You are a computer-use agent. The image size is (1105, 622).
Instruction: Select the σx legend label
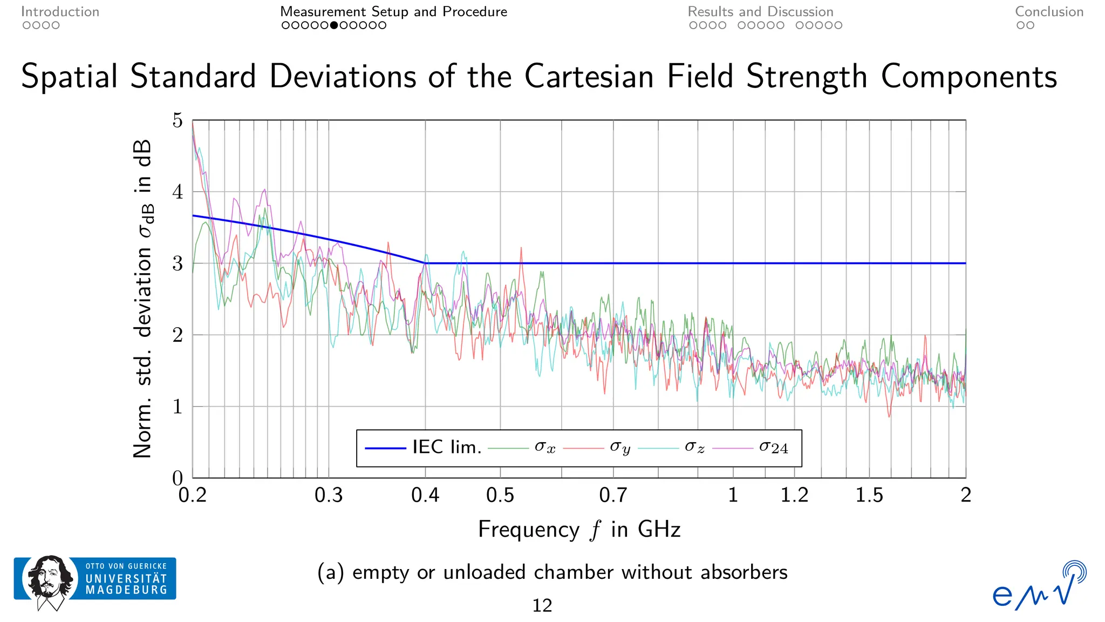click(x=545, y=448)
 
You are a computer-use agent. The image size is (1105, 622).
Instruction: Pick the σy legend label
click(x=620, y=448)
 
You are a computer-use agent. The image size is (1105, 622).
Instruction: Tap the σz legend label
click(x=694, y=448)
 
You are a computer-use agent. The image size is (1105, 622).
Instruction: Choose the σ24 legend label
click(x=773, y=448)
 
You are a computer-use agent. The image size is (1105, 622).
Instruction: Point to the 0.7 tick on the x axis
click(x=613, y=495)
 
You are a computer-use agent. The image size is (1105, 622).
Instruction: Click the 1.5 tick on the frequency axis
click(x=869, y=495)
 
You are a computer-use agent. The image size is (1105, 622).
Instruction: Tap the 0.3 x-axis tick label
click(x=329, y=495)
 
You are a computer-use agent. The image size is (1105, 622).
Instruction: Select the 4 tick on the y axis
click(x=178, y=192)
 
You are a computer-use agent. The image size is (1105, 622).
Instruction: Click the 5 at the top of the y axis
click(x=178, y=120)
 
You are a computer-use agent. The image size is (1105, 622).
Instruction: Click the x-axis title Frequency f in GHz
click(x=579, y=530)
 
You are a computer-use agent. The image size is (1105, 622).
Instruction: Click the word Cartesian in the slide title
click(x=589, y=76)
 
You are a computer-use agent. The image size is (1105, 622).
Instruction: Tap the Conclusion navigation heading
click(x=1049, y=11)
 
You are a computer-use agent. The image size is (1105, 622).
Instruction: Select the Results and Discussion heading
click(x=760, y=11)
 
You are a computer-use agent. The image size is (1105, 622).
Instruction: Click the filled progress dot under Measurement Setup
click(x=334, y=25)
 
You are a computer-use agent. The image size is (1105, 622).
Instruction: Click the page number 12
click(x=542, y=606)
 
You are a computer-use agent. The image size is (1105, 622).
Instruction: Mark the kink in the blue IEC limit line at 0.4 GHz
click(x=426, y=263)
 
